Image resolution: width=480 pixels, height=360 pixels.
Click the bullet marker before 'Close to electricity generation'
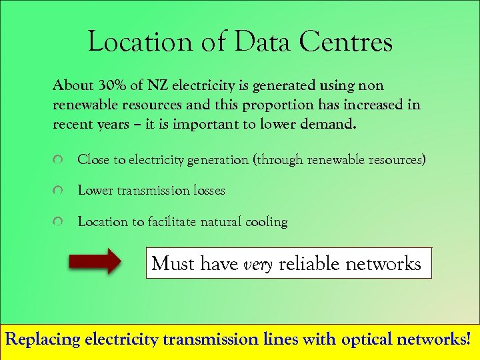pos(59,161)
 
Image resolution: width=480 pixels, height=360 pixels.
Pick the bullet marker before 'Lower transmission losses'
pos(59,191)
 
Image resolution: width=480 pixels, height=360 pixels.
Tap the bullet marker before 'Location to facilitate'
pos(59,222)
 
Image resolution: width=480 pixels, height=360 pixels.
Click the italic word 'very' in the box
pos(258,264)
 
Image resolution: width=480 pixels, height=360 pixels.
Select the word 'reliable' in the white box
pos(309,263)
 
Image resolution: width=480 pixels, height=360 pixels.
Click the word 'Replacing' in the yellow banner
pos(43,339)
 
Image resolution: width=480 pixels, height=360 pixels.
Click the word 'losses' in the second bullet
pos(207,191)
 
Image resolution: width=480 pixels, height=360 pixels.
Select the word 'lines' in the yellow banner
pos(280,339)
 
